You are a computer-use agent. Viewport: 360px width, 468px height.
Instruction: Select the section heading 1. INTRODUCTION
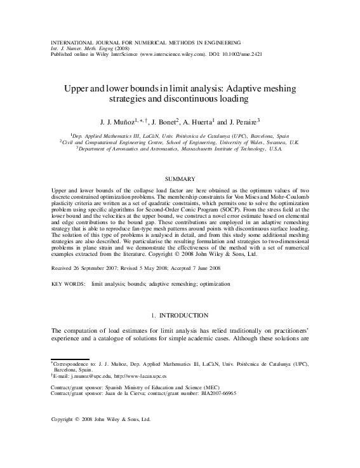[x=180, y=315]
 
